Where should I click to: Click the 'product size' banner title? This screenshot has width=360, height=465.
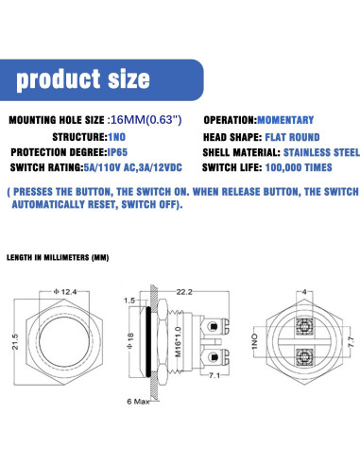click(83, 79)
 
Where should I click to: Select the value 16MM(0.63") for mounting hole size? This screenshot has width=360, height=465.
click(145, 120)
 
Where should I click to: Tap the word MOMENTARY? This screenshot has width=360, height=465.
click(285, 120)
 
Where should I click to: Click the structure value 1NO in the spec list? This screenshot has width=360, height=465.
click(117, 137)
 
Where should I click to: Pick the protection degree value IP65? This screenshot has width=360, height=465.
click(117, 152)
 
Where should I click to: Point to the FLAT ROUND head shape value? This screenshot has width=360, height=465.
click(292, 137)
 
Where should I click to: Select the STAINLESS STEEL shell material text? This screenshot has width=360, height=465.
click(321, 152)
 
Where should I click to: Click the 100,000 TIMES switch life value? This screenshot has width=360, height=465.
click(299, 167)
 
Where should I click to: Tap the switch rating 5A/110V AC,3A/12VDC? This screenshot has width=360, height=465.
click(133, 167)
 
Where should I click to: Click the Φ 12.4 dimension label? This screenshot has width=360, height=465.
click(65, 292)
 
